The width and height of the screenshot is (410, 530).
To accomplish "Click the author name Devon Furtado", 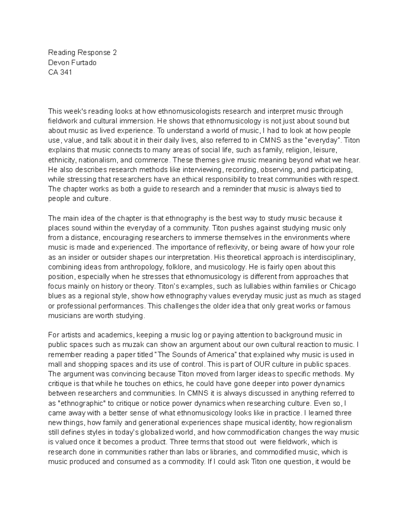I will tap(72, 62).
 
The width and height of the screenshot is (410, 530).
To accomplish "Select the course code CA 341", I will tap(60, 72).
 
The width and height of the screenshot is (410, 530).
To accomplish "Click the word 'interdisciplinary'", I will tap(327, 257).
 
